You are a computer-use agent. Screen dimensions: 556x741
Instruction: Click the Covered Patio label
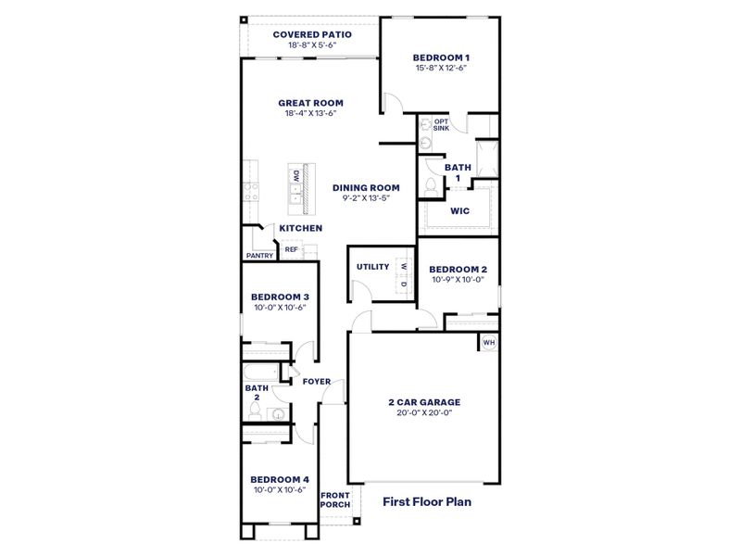click(x=311, y=34)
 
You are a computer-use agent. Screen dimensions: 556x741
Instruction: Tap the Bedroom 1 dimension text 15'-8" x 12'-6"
click(x=440, y=67)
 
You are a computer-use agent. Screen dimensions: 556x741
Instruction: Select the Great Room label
click(x=311, y=103)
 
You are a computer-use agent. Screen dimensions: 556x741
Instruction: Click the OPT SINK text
click(x=441, y=124)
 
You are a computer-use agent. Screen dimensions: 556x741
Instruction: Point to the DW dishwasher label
click(x=295, y=176)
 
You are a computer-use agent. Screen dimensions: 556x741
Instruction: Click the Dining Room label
click(x=366, y=187)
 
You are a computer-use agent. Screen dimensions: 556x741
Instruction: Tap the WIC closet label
click(x=459, y=210)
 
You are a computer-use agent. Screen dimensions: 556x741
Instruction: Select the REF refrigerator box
click(x=291, y=249)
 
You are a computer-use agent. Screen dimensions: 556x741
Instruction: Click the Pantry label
click(x=259, y=256)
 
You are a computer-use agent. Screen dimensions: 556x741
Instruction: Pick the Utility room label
click(x=373, y=267)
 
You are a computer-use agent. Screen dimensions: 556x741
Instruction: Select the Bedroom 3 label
click(x=280, y=297)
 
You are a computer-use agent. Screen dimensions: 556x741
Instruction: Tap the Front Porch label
click(x=334, y=499)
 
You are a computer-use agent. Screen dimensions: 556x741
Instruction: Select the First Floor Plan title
click(x=427, y=501)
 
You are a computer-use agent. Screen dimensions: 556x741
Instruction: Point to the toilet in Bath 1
click(x=429, y=186)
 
